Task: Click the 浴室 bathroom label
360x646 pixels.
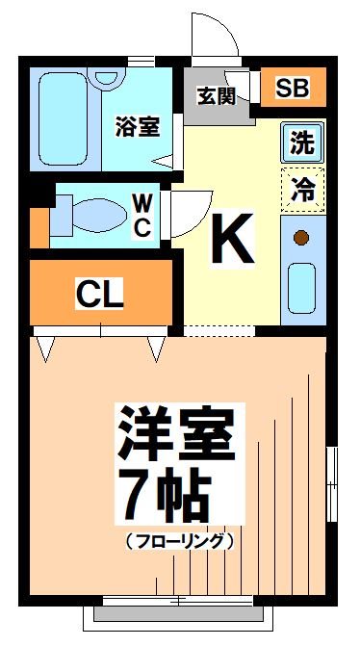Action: coord(137,125)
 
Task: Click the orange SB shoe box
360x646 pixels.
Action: coord(294,89)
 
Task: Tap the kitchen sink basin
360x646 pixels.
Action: coord(302,286)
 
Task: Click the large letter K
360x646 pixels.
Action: coord(232,239)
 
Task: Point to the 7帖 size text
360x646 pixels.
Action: coord(161,495)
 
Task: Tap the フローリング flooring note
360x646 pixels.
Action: coord(179,541)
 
